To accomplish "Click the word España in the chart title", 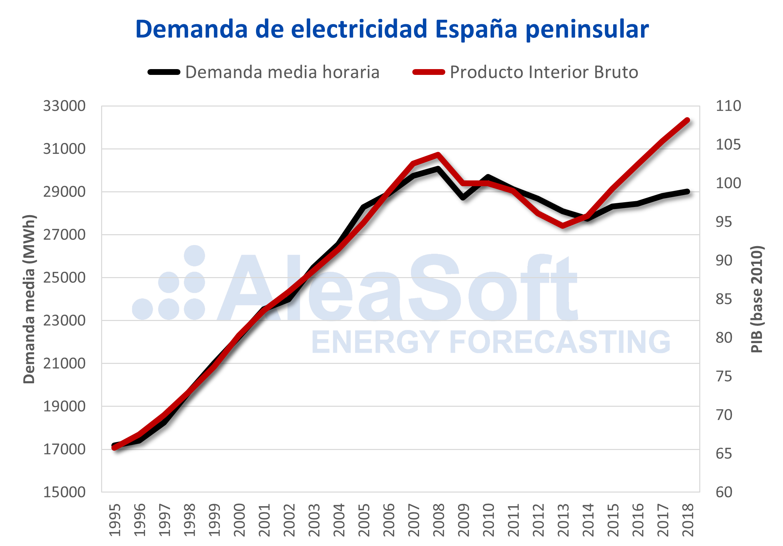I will point(476,29).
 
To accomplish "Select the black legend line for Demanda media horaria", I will point(164,72).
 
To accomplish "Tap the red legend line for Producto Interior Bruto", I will point(429,72).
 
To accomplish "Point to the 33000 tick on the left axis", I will point(64,106).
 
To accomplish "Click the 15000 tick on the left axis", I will point(64,492).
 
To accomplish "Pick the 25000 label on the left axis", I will point(64,278).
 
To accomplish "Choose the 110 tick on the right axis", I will point(728,106).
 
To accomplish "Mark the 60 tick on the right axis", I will point(724,492).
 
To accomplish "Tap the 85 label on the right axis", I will point(724,299).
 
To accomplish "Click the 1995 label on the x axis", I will point(115,520).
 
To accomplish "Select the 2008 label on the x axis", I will point(438,520).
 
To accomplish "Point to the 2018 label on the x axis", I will point(688,520).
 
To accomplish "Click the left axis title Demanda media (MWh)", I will point(29,299).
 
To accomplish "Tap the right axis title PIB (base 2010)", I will point(757,299).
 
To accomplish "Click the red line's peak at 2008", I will point(438,154).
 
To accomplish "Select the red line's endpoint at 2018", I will point(688,121).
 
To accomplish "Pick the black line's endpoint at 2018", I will point(688,192).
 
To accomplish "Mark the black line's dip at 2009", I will point(463,197).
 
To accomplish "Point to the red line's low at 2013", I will point(563,225).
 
